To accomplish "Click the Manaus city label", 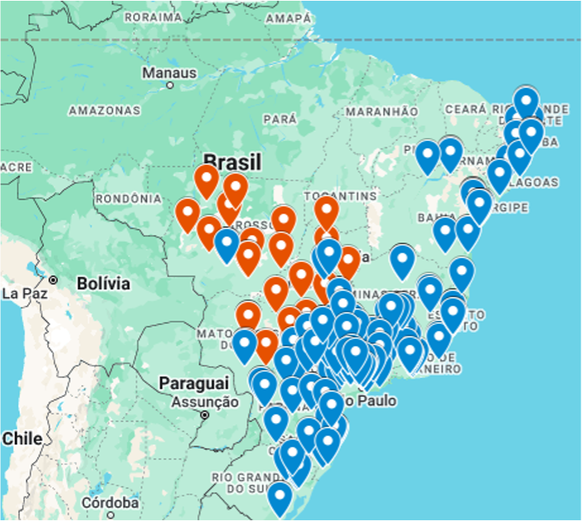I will pos(169,74).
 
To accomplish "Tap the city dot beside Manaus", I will pos(169,85).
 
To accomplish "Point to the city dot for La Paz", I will pos(54,280).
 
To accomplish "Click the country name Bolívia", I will pos(103,283).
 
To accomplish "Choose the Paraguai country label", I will pos(194,382).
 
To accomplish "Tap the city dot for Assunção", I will pos(205,415).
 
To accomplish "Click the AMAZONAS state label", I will pos(104,110).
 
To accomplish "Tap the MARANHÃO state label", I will pos(381,111).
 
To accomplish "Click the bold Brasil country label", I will pos(233,162).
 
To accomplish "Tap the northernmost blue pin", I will pos(526,102).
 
